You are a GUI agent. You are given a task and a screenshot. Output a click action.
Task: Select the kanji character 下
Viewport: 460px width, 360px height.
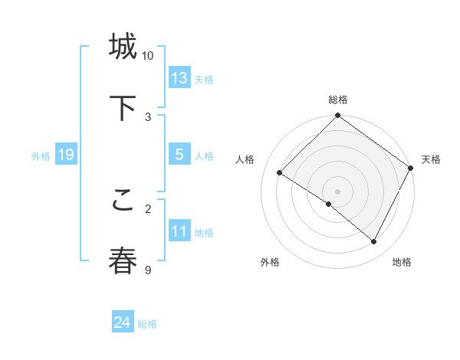coord(123,108)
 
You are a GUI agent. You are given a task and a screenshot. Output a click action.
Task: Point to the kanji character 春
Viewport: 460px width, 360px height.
coord(123,260)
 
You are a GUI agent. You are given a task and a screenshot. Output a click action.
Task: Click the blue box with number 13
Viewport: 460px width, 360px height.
coord(179,78)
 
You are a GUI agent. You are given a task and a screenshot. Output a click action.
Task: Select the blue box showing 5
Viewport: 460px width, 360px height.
coord(179,155)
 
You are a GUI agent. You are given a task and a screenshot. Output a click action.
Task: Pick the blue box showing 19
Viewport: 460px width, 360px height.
coord(65,155)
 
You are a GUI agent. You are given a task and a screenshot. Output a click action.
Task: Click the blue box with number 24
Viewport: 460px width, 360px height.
coord(123,322)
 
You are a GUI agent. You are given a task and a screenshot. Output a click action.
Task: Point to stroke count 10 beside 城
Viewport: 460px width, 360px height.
coord(148,56)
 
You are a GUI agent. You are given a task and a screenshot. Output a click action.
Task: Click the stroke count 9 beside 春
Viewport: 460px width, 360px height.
coord(148,270)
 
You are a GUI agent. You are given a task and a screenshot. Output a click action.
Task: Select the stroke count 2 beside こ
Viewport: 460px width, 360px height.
coord(148,208)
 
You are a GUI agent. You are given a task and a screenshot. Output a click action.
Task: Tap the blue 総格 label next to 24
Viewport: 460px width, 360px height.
coord(147,324)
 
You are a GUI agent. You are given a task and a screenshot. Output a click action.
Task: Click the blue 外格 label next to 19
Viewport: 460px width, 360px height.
coord(41,156)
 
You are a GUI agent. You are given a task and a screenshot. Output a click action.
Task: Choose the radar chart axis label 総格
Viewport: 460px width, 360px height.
coord(338,100)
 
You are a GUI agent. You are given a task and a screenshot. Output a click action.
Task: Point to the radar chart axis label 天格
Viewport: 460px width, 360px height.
coord(431,159)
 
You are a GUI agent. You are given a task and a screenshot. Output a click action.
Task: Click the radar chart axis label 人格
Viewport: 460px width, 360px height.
coord(245,159)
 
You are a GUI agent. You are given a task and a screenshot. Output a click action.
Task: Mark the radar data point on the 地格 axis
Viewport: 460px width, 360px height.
coord(374,242)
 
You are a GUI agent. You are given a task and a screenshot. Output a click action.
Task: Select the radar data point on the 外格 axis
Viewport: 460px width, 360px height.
coord(329,204)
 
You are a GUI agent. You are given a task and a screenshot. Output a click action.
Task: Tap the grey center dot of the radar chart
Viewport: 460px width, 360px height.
coord(338,191)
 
